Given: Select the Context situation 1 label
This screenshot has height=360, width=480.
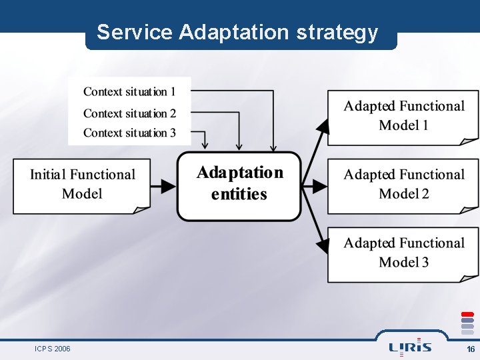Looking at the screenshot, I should point(129,91).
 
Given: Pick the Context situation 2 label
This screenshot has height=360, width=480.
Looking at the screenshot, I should point(129,113).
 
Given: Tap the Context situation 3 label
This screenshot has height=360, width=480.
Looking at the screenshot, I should point(129,133).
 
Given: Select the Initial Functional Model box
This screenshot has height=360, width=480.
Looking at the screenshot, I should point(82,185).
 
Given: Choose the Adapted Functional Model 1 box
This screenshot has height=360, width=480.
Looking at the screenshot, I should point(403,116).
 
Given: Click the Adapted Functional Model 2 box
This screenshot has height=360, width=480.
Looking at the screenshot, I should point(403,185).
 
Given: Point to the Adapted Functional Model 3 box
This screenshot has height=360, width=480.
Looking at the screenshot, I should point(403,253).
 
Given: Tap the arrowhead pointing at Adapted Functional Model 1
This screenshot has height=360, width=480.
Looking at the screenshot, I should point(323,127).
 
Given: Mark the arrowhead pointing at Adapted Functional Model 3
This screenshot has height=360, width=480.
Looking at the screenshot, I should point(323,245).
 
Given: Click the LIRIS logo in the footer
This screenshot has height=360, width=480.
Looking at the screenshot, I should point(410,347).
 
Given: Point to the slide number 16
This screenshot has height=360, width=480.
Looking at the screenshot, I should point(471,349).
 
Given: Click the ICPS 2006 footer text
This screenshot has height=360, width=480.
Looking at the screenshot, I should point(53,349).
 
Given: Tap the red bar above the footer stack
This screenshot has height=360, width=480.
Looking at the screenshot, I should point(468,314).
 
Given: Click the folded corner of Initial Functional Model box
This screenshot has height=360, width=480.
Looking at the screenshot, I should point(142,209).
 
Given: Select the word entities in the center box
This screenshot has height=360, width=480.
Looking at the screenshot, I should point(239,195).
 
